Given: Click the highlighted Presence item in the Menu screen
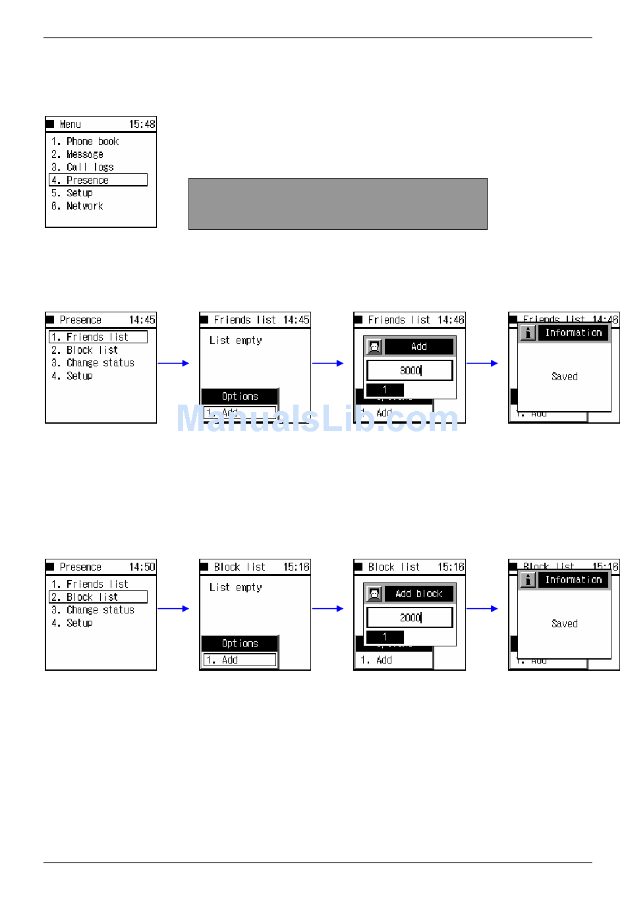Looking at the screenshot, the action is [x=98, y=180].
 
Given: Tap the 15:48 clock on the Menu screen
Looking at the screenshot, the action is [x=142, y=124].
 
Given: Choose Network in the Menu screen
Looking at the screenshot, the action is [x=84, y=206].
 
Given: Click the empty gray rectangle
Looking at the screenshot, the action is [x=337, y=204].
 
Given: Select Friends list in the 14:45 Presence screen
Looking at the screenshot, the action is [x=98, y=337].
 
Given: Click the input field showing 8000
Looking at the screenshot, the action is [x=409, y=370].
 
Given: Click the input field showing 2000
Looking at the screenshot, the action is [x=409, y=617].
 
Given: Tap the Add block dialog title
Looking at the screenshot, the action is [x=418, y=594].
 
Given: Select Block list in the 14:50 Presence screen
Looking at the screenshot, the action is [x=98, y=597].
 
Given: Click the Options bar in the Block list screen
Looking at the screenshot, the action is [x=240, y=643].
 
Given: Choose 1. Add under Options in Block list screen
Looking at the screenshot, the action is [x=239, y=660].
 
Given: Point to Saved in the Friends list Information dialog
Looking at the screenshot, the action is [x=564, y=376].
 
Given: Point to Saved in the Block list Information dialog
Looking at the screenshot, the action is [x=564, y=623].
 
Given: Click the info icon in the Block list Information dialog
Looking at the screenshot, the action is [x=528, y=580].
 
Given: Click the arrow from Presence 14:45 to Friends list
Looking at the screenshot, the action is [x=173, y=363].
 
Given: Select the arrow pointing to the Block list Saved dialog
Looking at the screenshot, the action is [x=482, y=609].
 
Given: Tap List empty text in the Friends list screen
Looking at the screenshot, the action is [x=235, y=340].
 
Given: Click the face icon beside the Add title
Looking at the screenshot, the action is [x=374, y=347].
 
